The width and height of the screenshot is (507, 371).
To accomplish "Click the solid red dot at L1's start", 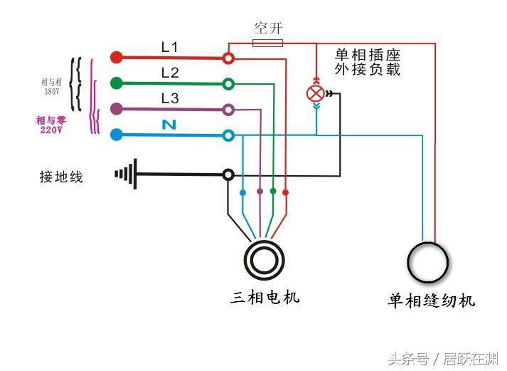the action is click(117, 58).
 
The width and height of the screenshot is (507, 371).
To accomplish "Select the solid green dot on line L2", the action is click(117, 83).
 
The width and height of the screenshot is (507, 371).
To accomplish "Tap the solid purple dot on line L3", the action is click(117, 109).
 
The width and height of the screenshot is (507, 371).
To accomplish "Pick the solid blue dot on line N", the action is click(117, 135).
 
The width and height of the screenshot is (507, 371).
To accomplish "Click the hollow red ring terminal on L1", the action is click(228, 58).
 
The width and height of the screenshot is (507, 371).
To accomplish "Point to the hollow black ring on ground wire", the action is click(228, 174).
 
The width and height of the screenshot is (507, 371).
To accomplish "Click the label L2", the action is click(170, 73).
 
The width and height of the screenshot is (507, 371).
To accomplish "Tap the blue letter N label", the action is click(169, 125).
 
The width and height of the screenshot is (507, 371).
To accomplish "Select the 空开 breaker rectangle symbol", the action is click(267, 43).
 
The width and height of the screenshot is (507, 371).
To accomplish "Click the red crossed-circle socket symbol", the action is click(316, 94).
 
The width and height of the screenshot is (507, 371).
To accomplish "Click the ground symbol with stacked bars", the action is click(126, 174).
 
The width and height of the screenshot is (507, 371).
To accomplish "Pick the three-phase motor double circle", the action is click(265, 261).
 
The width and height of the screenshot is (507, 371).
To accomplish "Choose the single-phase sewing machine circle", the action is click(428, 262).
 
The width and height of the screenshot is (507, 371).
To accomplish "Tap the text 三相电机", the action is click(265, 297).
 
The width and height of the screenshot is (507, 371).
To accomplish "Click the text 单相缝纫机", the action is click(432, 301).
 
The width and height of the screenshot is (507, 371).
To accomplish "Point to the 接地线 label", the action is click(61, 177).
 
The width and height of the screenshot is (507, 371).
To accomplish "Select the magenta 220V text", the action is click(51, 130).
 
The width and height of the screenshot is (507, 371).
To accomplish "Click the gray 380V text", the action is click(52, 92).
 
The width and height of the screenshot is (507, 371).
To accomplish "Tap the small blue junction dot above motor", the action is click(242, 193).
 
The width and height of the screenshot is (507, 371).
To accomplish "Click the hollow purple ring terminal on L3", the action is click(228, 110).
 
